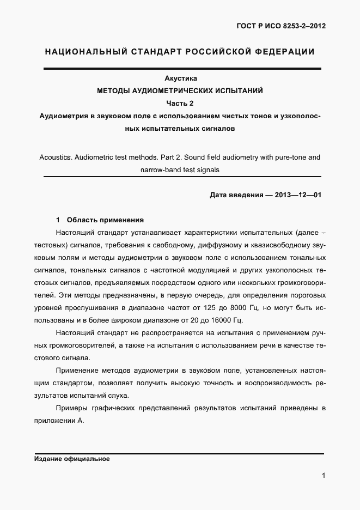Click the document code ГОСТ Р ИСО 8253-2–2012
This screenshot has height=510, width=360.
pyautogui.click(x=282, y=26)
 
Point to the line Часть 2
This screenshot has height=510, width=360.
pyautogui.click(x=180, y=104)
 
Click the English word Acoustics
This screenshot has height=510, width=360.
pyautogui.click(x=56, y=157)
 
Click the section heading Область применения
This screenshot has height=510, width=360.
pyautogui.click(x=105, y=220)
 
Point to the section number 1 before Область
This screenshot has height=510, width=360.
pyautogui.click(x=58, y=220)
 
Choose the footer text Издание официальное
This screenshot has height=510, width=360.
pyautogui.click(x=72, y=459)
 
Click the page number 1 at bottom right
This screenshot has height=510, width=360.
pyautogui.click(x=324, y=476)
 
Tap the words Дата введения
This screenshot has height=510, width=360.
pyautogui.click(x=237, y=195)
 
